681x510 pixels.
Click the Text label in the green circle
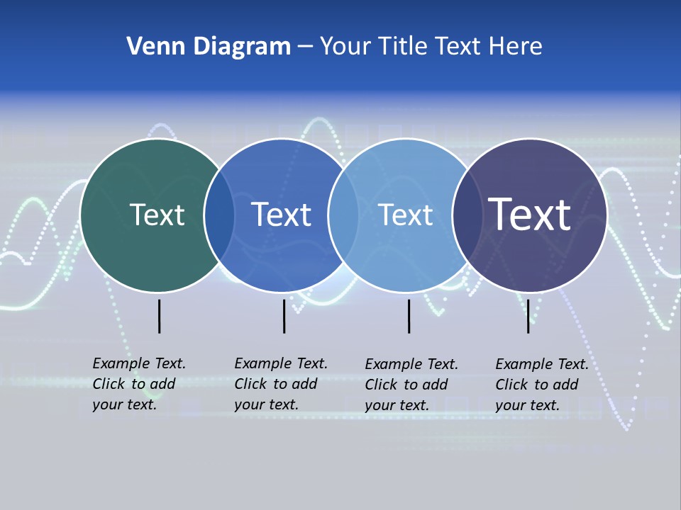coord(157,215)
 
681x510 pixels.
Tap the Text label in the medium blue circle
coord(281,215)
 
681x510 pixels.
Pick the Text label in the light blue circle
coord(405,215)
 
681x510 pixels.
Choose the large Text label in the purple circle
coord(529,214)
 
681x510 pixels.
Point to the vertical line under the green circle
coord(159,316)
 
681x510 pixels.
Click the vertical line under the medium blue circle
coord(284,316)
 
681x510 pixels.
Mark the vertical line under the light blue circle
coord(409,316)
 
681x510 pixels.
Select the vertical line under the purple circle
coord(528,316)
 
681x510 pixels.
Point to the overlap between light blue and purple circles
coord(465,215)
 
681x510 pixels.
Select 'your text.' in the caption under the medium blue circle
coord(266,404)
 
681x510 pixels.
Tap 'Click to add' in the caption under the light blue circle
coord(406,385)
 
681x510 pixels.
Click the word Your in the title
coord(346,46)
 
